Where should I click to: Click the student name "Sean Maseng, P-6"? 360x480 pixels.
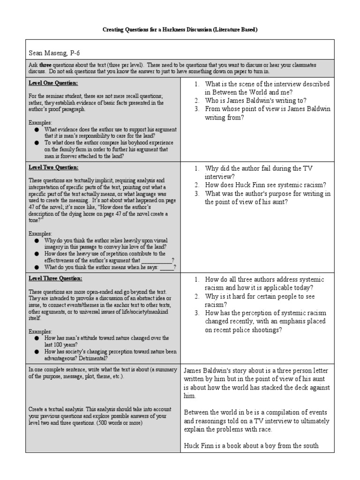53,53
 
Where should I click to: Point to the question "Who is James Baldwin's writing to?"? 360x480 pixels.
256,100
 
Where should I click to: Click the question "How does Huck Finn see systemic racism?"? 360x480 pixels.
266,185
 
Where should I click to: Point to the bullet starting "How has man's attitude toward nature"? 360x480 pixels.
106,341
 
